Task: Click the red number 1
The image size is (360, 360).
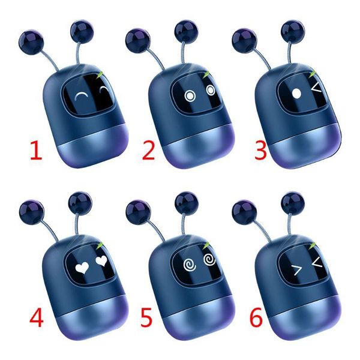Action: [37, 150]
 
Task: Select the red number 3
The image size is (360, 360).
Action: [260, 149]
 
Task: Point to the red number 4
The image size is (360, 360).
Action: [37, 318]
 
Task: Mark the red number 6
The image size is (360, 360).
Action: [256, 318]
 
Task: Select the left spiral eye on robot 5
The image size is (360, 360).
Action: [187, 264]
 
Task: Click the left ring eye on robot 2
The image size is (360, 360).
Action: [190, 96]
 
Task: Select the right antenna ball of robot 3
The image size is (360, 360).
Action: [293, 28]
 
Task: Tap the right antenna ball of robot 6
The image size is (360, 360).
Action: [292, 200]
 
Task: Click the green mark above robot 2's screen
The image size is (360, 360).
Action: [208, 74]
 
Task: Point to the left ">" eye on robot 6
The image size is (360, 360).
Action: [295, 266]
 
